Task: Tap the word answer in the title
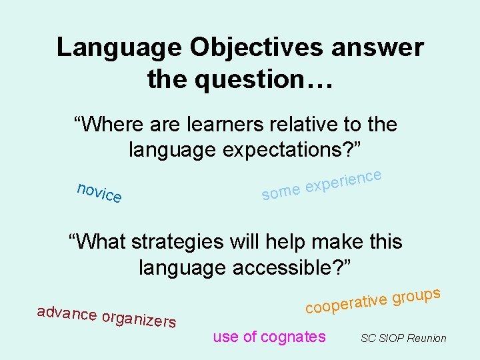tap(385, 48)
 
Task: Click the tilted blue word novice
tap(99, 192)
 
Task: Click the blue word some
tap(281, 193)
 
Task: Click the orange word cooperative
tap(347, 302)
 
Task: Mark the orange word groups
tap(417, 294)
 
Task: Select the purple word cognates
tap(293, 337)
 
